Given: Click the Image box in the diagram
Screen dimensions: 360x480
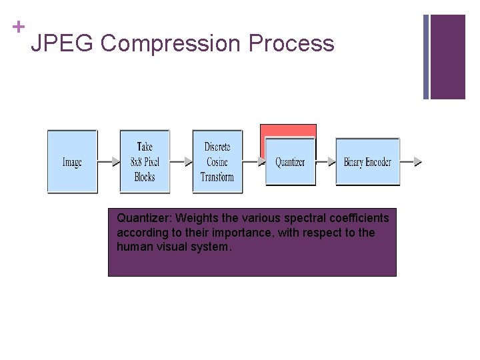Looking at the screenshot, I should [72, 161].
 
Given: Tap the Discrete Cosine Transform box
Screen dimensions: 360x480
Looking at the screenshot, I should [217, 161].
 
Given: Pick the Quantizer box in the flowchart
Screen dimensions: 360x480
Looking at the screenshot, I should [290, 162].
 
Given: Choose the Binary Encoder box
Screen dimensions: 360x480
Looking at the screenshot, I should [367, 162].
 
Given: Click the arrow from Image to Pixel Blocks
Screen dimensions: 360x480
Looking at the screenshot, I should [108, 161].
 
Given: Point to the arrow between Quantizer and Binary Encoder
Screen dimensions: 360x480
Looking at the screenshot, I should [326, 161].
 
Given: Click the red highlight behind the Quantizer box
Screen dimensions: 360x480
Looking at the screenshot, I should [288, 131].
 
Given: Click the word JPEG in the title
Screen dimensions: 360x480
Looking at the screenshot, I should [63, 44].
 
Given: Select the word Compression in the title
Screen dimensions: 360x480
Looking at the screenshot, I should [171, 44].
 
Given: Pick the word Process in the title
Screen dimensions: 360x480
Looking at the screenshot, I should [291, 44].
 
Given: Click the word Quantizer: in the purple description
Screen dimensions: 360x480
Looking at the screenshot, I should [145, 218].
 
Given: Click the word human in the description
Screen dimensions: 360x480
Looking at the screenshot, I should [133, 247].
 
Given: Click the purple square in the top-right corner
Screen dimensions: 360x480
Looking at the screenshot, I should [447, 57].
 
